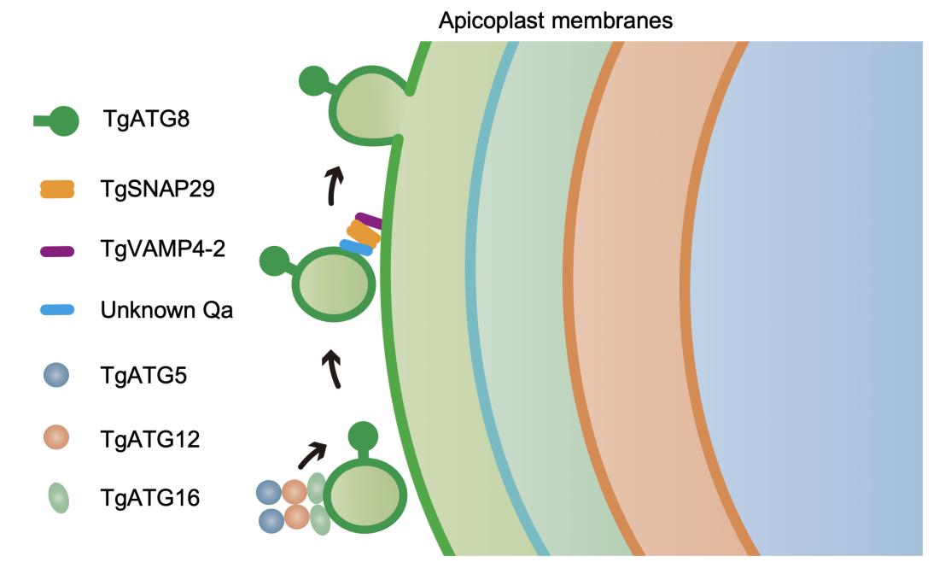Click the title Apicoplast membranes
click(555, 20)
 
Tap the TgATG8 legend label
click(144, 120)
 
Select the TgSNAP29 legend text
click(157, 189)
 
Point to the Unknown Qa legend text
click(166, 309)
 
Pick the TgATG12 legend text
click(149, 440)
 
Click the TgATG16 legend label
click(149, 497)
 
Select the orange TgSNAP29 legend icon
click(57, 189)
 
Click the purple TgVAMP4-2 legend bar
click(57, 251)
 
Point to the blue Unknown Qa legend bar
click(57, 309)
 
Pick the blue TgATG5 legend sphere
click(57, 376)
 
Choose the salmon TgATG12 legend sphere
click(57, 438)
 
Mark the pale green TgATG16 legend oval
click(57, 498)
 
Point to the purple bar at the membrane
click(369, 221)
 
